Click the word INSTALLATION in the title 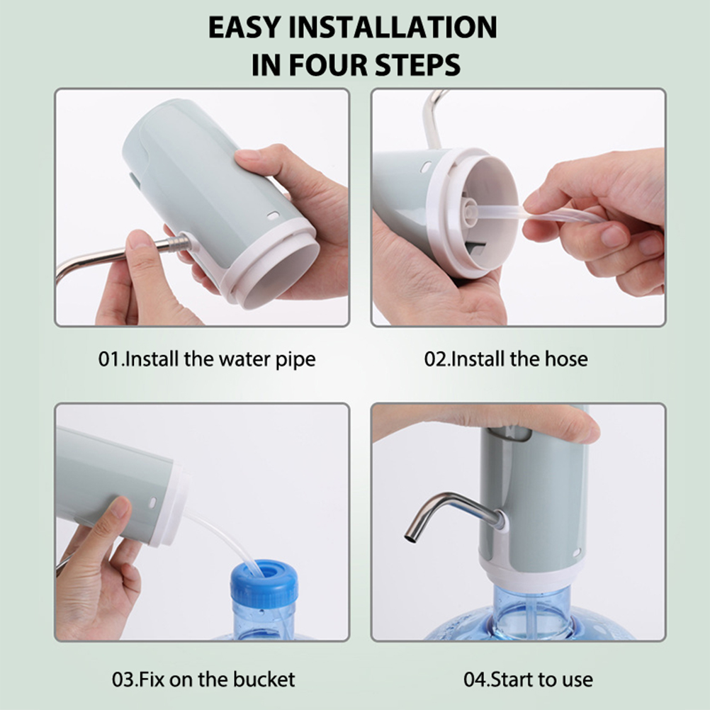point(393,27)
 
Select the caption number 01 point(110,359)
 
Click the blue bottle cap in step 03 point(264,582)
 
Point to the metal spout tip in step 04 point(410,538)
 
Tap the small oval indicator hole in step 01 point(272,215)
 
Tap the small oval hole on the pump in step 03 point(152,502)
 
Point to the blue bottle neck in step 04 point(531,609)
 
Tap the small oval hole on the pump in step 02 point(426,168)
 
